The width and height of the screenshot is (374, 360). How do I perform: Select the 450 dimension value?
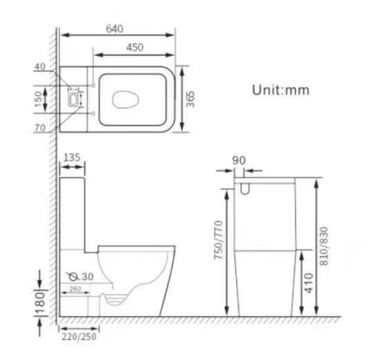coord(134,47)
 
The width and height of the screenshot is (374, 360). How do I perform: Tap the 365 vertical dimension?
coord(190,99)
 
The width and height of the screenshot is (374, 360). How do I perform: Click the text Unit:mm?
coord(280,90)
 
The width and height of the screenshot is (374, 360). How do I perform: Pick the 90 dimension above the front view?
coord(240,160)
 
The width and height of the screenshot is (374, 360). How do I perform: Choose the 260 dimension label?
coord(76,289)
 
